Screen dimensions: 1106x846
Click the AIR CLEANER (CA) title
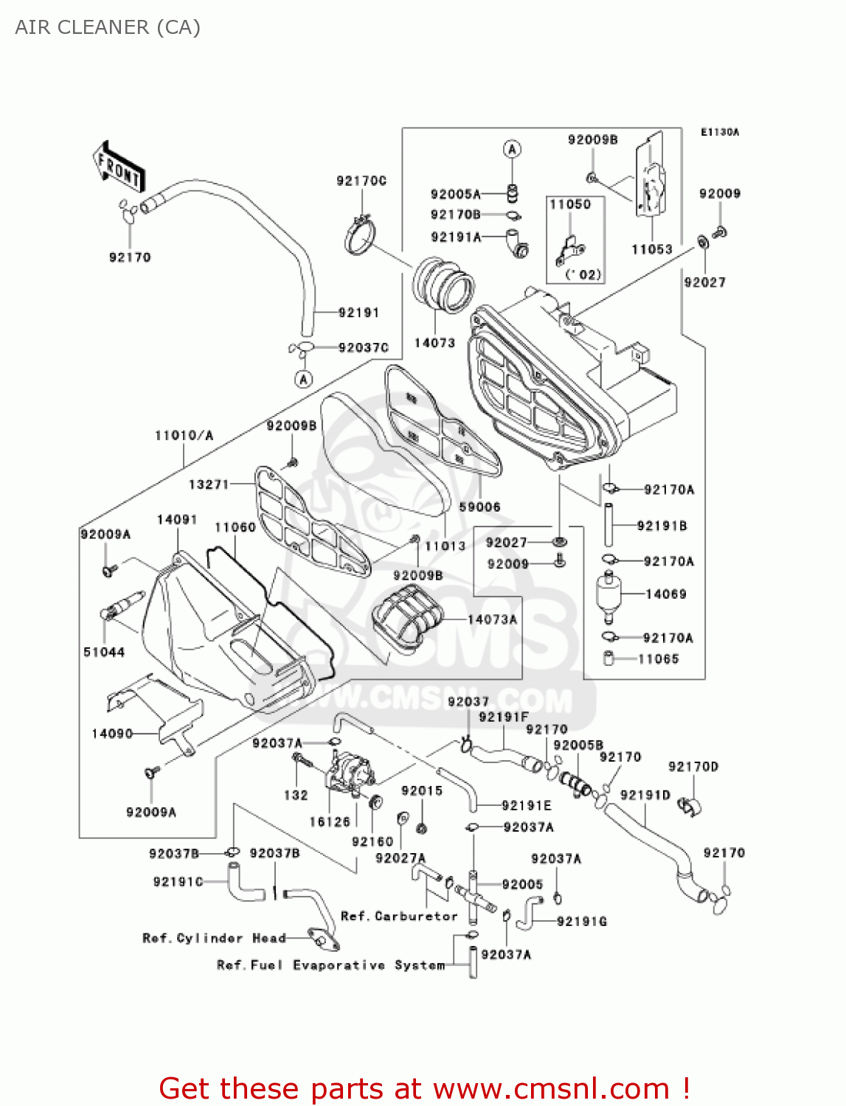(x=108, y=27)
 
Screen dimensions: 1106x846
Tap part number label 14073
(x=434, y=343)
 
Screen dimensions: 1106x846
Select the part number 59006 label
(x=479, y=507)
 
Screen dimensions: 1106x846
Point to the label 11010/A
(x=184, y=436)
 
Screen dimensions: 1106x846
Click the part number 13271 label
(x=209, y=484)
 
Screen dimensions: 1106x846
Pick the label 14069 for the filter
(x=665, y=594)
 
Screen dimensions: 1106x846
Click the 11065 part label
(x=658, y=659)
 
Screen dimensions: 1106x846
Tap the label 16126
(x=330, y=822)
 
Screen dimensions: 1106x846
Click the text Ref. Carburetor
(x=399, y=917)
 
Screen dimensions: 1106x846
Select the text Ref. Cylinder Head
(x=214, y=938)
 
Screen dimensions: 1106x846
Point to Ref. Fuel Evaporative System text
(x=331, y=965)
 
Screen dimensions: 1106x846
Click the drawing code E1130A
(x=719, y=133)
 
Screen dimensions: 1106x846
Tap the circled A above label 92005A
(x=512, y=149)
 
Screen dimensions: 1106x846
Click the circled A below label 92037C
(x=303, y=380)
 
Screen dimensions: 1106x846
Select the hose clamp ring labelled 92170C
(x=360, y=237)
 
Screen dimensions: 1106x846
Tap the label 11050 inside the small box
(x=570, y=205)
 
